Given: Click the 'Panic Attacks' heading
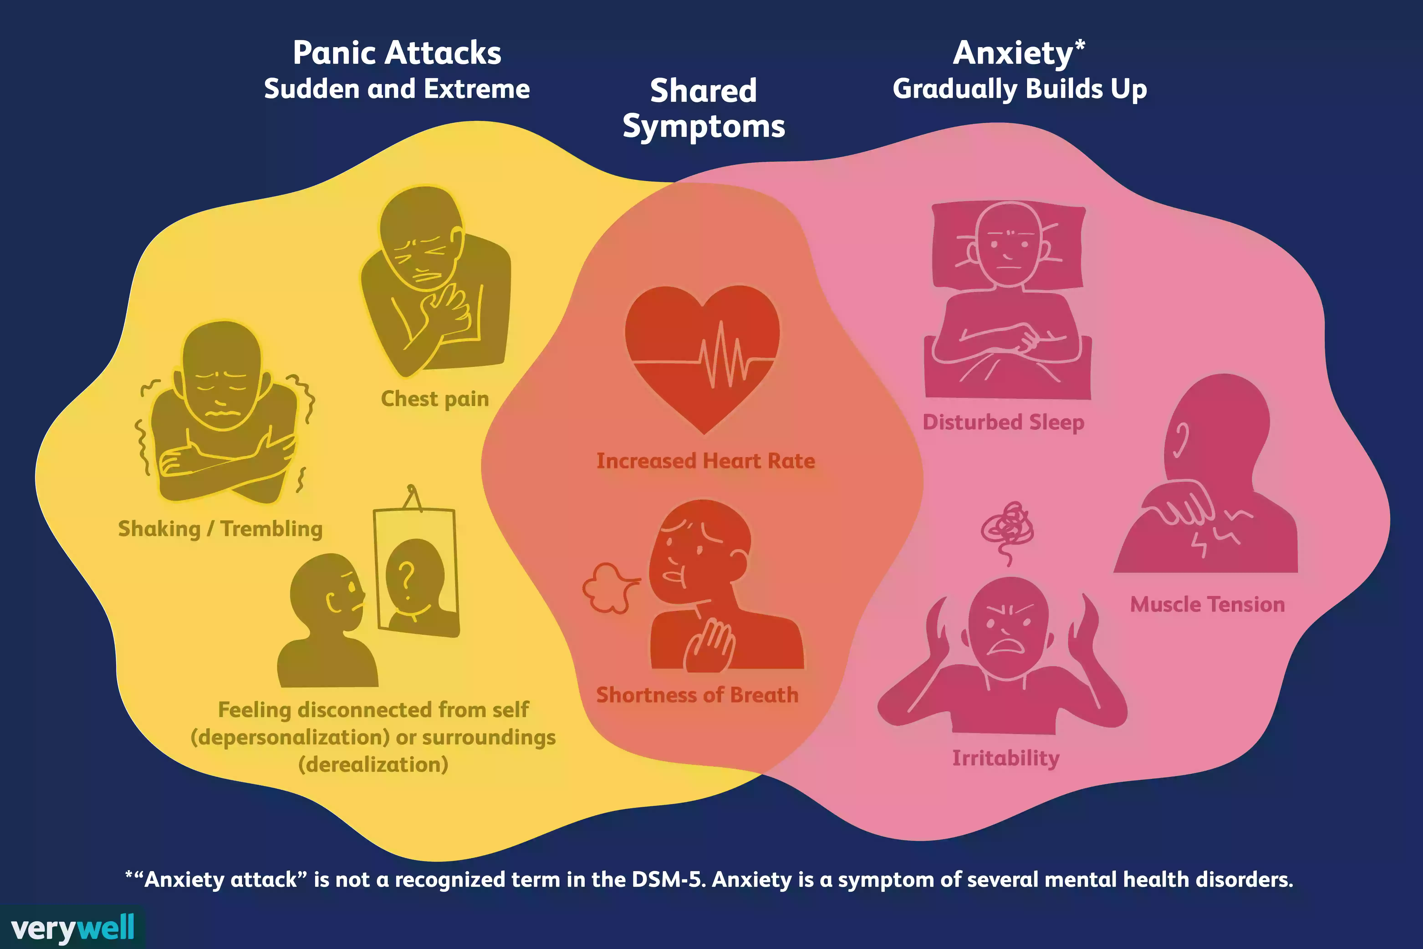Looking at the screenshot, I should [397, 53].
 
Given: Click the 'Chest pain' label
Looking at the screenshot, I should [434, 399].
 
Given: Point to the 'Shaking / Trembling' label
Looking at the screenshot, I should [220, 529].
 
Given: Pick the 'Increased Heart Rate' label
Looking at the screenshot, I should [705, 461].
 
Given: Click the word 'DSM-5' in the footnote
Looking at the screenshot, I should [667, 879].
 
